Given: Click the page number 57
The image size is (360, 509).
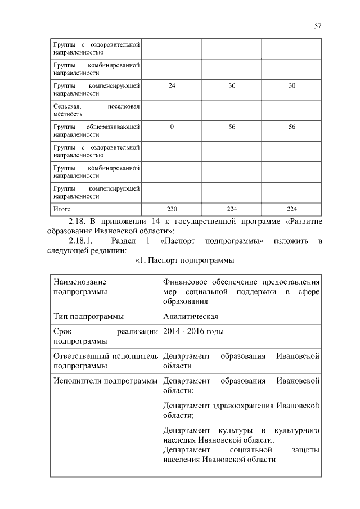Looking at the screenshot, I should click(x=318, y=25).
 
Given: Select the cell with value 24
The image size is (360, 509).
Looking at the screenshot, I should click(x=172, y=85).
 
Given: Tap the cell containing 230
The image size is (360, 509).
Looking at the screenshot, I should click(x=172, y=209).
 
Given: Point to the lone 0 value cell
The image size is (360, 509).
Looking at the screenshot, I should click(x=172, y=127).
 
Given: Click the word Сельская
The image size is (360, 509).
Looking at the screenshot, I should click(x=67, y=106).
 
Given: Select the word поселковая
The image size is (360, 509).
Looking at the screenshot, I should click(x=123, y=106).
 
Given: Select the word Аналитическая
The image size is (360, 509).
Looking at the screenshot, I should click(x=190, y=316).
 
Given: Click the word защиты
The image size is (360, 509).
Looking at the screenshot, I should click(x=306, y=450).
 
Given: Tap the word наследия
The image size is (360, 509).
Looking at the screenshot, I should click(x=179, y=440).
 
